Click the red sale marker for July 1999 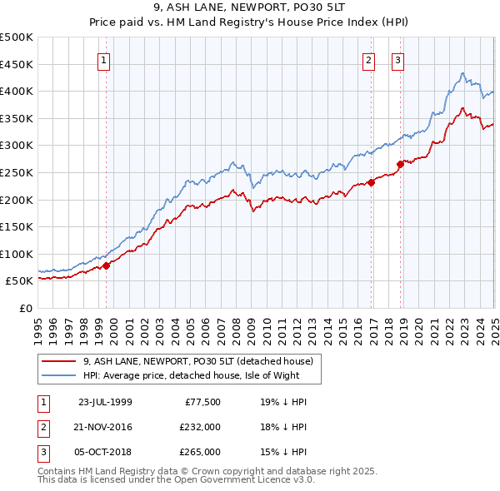pos(107,266)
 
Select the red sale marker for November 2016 pos(371,183)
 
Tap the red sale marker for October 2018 pos(400,164)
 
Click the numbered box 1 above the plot pos(103,59)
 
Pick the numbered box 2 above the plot pos(367,59)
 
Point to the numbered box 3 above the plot pos(397,59)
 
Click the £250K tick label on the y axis pos(17,172)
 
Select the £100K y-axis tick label pos(17,254)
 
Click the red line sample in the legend pos(58,361)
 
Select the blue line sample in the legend pos(58,375)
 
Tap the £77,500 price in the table pos(202,402)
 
